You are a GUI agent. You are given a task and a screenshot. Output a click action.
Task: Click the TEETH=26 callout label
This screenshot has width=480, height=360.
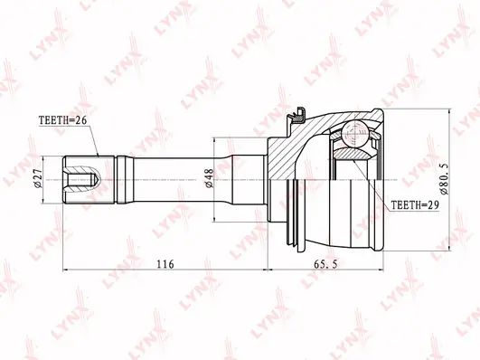62,120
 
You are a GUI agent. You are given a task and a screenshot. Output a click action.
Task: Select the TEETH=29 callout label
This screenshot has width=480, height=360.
415,205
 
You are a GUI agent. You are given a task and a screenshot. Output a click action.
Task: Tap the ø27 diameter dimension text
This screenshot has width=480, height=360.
38,179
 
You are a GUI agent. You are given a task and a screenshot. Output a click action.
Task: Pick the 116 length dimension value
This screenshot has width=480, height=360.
165,264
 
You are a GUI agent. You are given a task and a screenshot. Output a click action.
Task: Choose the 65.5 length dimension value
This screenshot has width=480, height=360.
325,264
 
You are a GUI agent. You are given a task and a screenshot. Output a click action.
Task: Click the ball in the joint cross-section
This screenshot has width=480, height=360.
354,135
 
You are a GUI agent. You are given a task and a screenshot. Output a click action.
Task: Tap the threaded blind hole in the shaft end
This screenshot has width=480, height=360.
82,180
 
